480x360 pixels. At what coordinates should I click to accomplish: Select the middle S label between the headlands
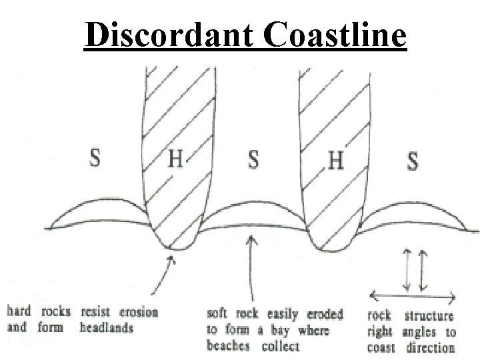254,160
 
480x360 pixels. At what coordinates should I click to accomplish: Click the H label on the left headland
175,160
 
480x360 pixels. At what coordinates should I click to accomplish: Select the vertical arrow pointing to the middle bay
251,267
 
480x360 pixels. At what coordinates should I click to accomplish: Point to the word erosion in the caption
137,311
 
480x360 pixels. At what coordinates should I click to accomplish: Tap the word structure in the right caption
428,316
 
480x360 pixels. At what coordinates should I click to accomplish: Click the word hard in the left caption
19,311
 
